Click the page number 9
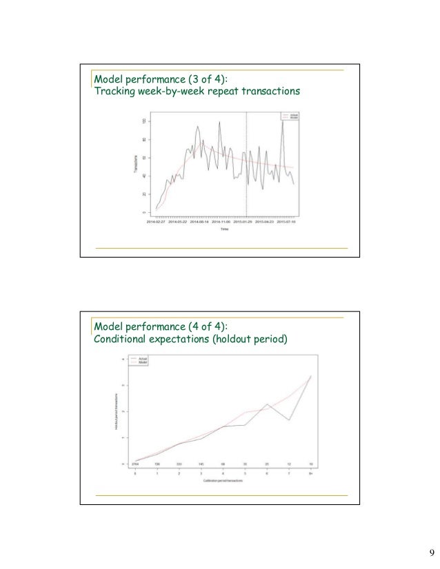[431, 552]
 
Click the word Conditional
[121, 339]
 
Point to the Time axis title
[225, 230]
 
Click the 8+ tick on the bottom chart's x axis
[310, 474]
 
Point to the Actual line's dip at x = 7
[288, 420]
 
